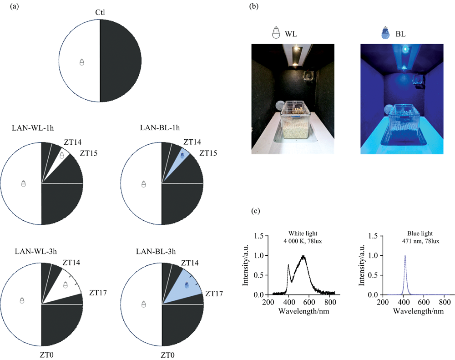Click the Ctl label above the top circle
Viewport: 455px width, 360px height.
100,12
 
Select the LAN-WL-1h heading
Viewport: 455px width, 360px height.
33,128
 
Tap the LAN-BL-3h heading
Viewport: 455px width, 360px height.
156,251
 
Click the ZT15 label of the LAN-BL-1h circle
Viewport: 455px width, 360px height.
208,153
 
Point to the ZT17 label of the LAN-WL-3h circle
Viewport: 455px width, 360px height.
98,293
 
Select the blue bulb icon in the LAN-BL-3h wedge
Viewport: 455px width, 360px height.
187,285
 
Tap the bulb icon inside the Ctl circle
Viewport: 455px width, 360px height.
82,62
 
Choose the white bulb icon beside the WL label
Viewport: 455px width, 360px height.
276,32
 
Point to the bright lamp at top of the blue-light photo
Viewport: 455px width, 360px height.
405,49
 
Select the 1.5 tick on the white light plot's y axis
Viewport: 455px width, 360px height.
259,236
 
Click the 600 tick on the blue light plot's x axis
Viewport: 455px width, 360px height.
424,302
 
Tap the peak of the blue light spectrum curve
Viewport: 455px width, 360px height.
405,256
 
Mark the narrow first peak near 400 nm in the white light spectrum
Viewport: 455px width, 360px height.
288,265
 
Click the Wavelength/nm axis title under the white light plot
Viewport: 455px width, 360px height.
304,311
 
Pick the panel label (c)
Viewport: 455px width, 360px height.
255,211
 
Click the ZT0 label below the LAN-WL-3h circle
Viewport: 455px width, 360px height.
46,355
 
